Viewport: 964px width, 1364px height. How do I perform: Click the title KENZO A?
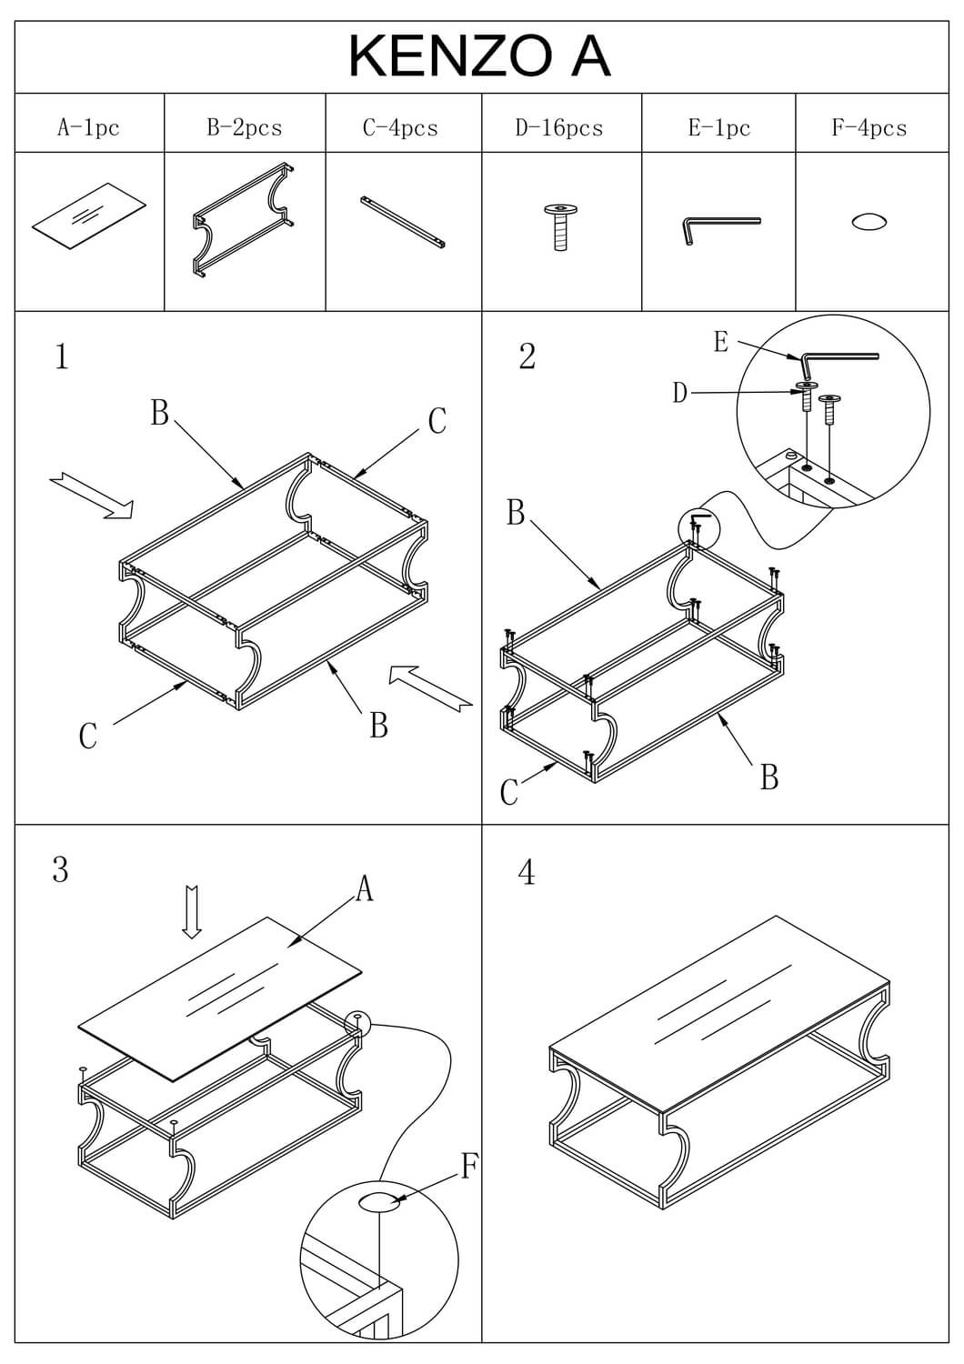(479, 56)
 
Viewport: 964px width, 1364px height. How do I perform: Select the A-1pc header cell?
(88, 127)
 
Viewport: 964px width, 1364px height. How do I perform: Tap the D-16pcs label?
(559, 127)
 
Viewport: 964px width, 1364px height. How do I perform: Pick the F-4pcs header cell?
(869, 127)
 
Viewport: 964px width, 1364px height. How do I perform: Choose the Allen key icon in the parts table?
(718, 227)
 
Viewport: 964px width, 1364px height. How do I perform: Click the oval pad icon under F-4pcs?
(869, 222)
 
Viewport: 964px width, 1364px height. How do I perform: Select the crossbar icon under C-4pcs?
(403, 222)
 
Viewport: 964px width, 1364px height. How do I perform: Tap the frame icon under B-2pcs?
(244, 220)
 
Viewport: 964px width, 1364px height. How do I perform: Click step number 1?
(61, 356)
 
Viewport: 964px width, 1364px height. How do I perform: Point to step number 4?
(527, 873)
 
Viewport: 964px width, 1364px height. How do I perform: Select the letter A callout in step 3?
(364, 888)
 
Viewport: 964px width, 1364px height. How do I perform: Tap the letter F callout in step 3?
(469, 1165)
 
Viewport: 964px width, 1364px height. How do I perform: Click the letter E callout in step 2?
(721, 342)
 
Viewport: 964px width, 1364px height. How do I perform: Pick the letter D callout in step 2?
(680, 393)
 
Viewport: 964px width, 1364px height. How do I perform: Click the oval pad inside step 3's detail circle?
(378, 1202)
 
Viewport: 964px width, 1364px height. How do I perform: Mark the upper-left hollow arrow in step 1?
(92, 495)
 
